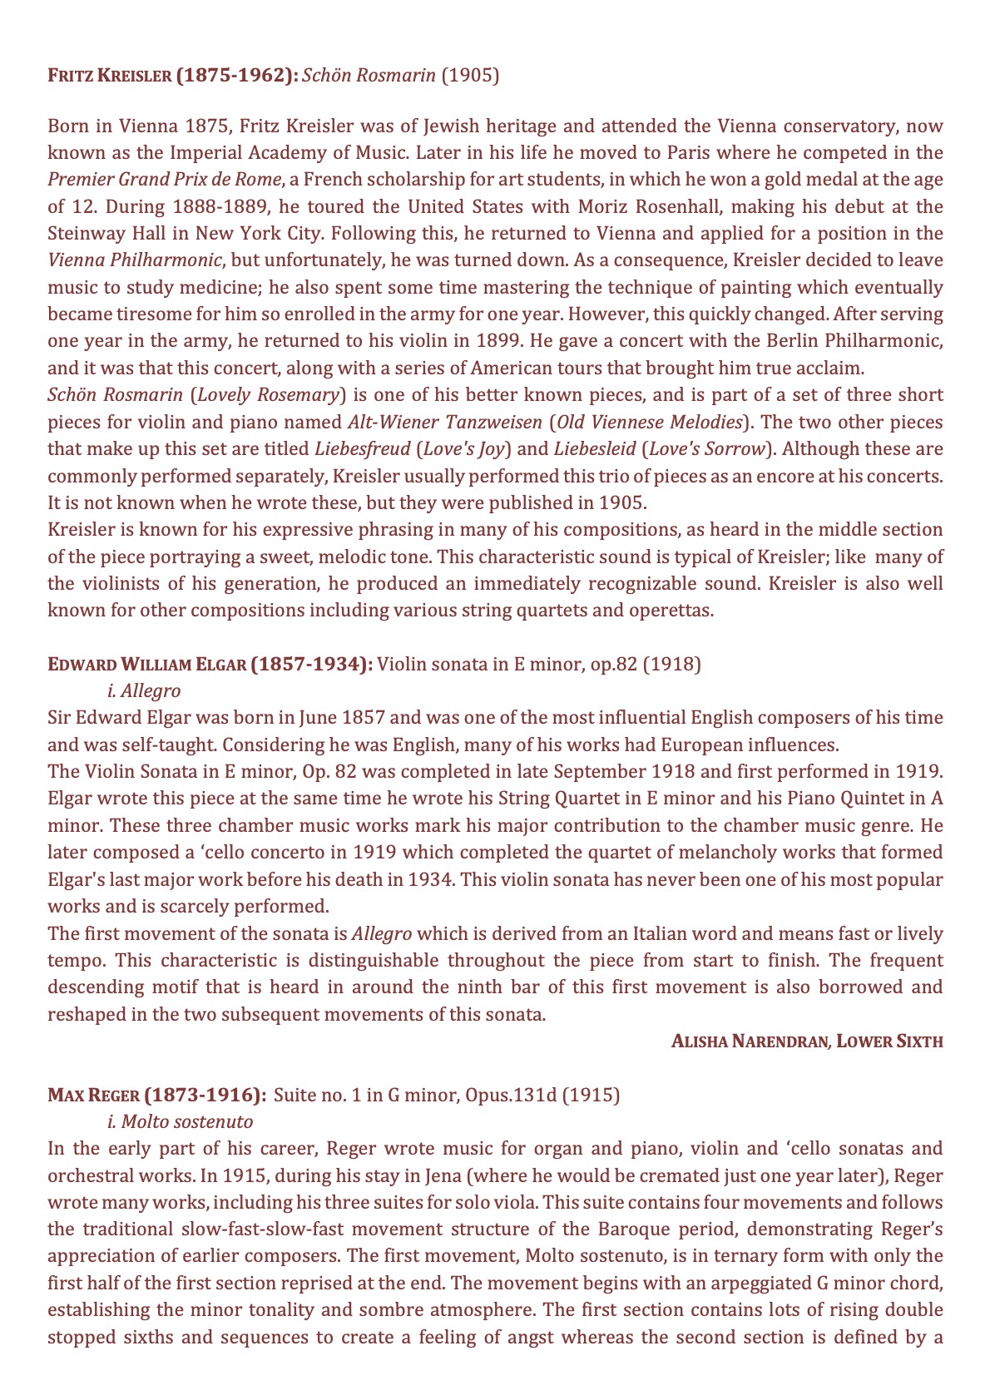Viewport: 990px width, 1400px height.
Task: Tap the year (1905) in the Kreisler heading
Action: coord(470,76)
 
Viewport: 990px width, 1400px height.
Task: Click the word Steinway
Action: coord(83,233)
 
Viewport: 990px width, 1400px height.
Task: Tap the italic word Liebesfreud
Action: coord(363,449)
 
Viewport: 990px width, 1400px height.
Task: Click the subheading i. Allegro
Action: coord(144,690)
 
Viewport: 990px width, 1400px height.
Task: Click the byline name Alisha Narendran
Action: coord(750,1041)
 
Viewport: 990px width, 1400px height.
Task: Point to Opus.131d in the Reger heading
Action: coord(517,1095)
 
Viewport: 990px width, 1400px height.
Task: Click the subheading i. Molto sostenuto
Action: coord(181,1121)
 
